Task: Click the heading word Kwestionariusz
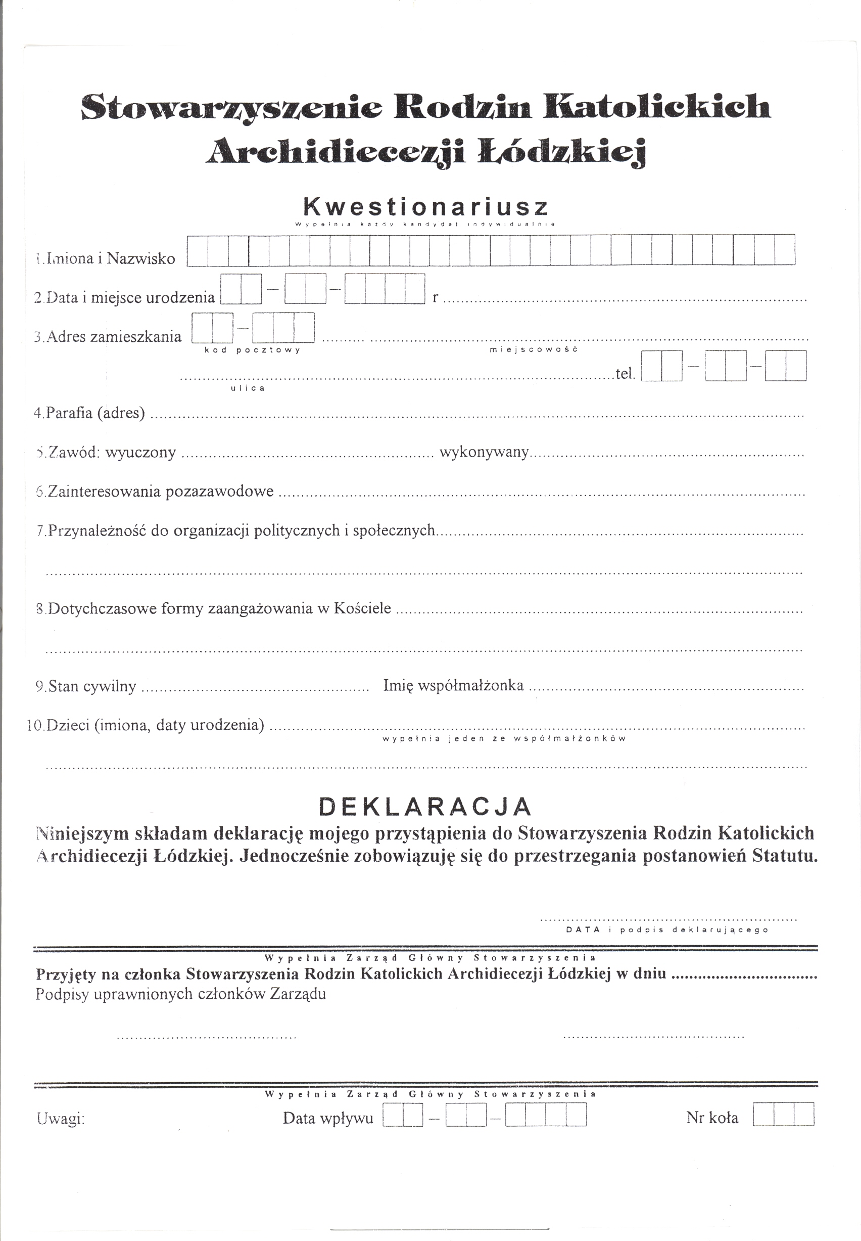[425, 206]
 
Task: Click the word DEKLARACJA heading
[425, 807]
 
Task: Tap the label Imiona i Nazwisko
[106, 258]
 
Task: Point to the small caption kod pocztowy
[252, 350]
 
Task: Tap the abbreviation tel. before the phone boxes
[625, 374]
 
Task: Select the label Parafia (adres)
[89, 414]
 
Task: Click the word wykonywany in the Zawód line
[484, 452]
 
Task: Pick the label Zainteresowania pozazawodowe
[155, 492]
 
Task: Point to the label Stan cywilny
[86, 687]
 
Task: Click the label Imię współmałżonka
[453, 686]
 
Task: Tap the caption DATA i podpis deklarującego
[667, 929]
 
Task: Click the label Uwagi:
[61, 1119]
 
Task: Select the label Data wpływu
[328, 1118]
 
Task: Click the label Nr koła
[712, 1118]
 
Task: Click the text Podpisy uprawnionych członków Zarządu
[181, 994]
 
